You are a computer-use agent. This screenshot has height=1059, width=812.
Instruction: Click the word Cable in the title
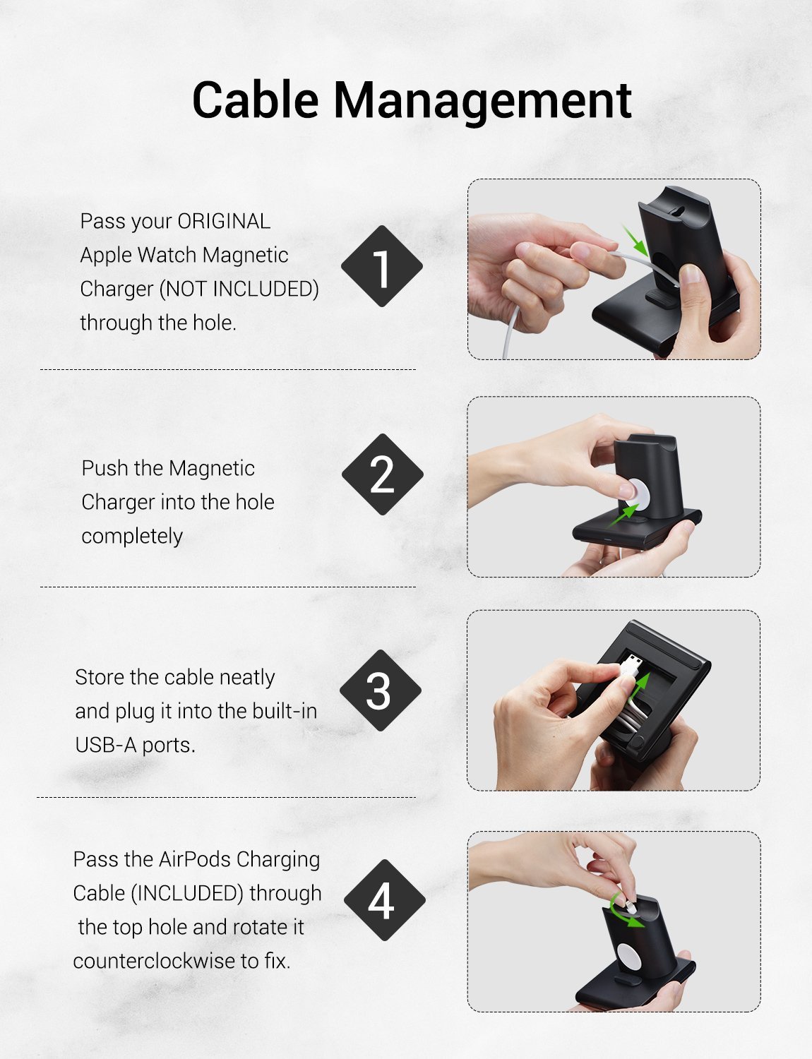pos(256,100)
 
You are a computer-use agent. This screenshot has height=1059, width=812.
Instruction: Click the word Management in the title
pos(482,102)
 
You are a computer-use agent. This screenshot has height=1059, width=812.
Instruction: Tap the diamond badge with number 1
pos(381,266)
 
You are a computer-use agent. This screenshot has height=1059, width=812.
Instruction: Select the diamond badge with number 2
pos(382,474)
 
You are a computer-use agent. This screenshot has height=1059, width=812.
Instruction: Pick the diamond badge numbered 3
pos(380,690)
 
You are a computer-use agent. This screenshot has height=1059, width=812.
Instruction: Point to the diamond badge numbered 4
pos(384,899)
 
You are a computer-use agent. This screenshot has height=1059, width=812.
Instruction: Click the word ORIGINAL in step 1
pos(224,221)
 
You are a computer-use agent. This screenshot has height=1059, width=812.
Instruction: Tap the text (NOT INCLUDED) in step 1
pos(239,289)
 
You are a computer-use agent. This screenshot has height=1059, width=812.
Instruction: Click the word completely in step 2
pos(132,537)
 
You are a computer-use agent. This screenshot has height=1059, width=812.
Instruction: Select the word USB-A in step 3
pos(106,745)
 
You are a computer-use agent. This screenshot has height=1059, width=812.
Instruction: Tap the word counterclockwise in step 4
pos(155,961)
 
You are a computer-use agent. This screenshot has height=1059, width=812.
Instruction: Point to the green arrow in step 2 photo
pos(624,515)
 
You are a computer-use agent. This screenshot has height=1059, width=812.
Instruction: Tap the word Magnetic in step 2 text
pos(212,469)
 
